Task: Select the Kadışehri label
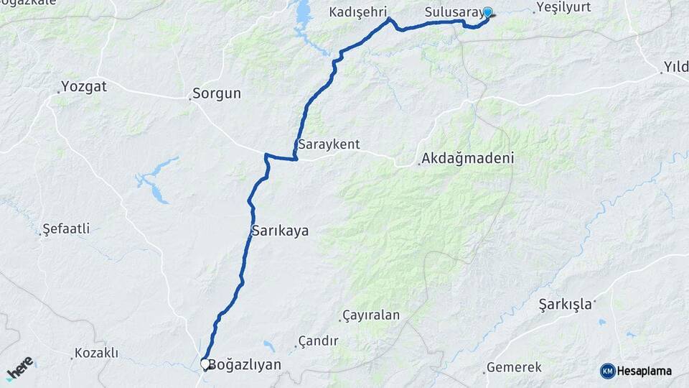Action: (x=358, y=12)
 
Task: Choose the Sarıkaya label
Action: (x=280, y=231)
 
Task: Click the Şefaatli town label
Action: (x=66, y=229)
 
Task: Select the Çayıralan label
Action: (x=371, y=315)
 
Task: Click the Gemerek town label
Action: (x=514, y=367)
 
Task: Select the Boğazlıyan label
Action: (x=244, y=365)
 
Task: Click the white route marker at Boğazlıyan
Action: (x=205, y=364)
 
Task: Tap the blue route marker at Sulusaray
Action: (x=488, y=11)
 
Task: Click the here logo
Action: (x=19, y=367)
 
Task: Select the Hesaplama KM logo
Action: (x=636, y=371)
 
